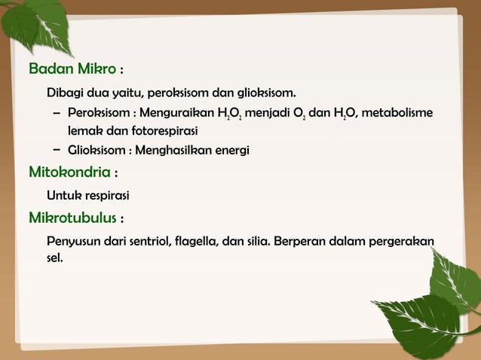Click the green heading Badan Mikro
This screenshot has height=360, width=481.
tap(72, 70)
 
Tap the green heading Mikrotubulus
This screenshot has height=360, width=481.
tap(72, 218)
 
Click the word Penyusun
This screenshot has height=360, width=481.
tap(72, 243)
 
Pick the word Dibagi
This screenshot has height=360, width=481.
tap(66, 94)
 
